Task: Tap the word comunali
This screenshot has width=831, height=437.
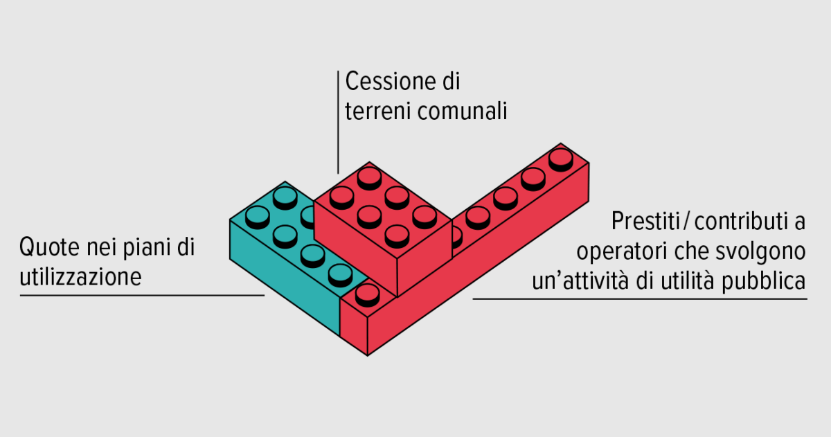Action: (463, 111)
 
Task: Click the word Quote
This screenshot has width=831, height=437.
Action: (49, 247)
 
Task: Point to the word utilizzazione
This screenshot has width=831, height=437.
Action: (80, 277)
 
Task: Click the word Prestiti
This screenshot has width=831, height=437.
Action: (646, 221)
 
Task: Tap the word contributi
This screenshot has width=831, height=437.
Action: (741, 222)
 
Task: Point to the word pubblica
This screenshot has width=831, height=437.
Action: (763, 281)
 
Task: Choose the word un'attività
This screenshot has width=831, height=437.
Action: (580, 281)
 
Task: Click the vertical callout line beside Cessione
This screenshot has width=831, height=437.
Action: (338, 123)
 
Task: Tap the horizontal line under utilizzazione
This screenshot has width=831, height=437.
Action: (142, 295)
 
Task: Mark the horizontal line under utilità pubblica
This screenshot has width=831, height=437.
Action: (640, 298)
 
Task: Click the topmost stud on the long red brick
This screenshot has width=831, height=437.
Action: (560, 159)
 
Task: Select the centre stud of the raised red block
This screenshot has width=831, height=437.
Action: (369, 217)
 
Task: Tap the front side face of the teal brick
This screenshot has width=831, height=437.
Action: (285, 278)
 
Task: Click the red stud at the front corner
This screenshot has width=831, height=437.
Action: (367, 295)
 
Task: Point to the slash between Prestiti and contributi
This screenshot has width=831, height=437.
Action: (687, 222)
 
